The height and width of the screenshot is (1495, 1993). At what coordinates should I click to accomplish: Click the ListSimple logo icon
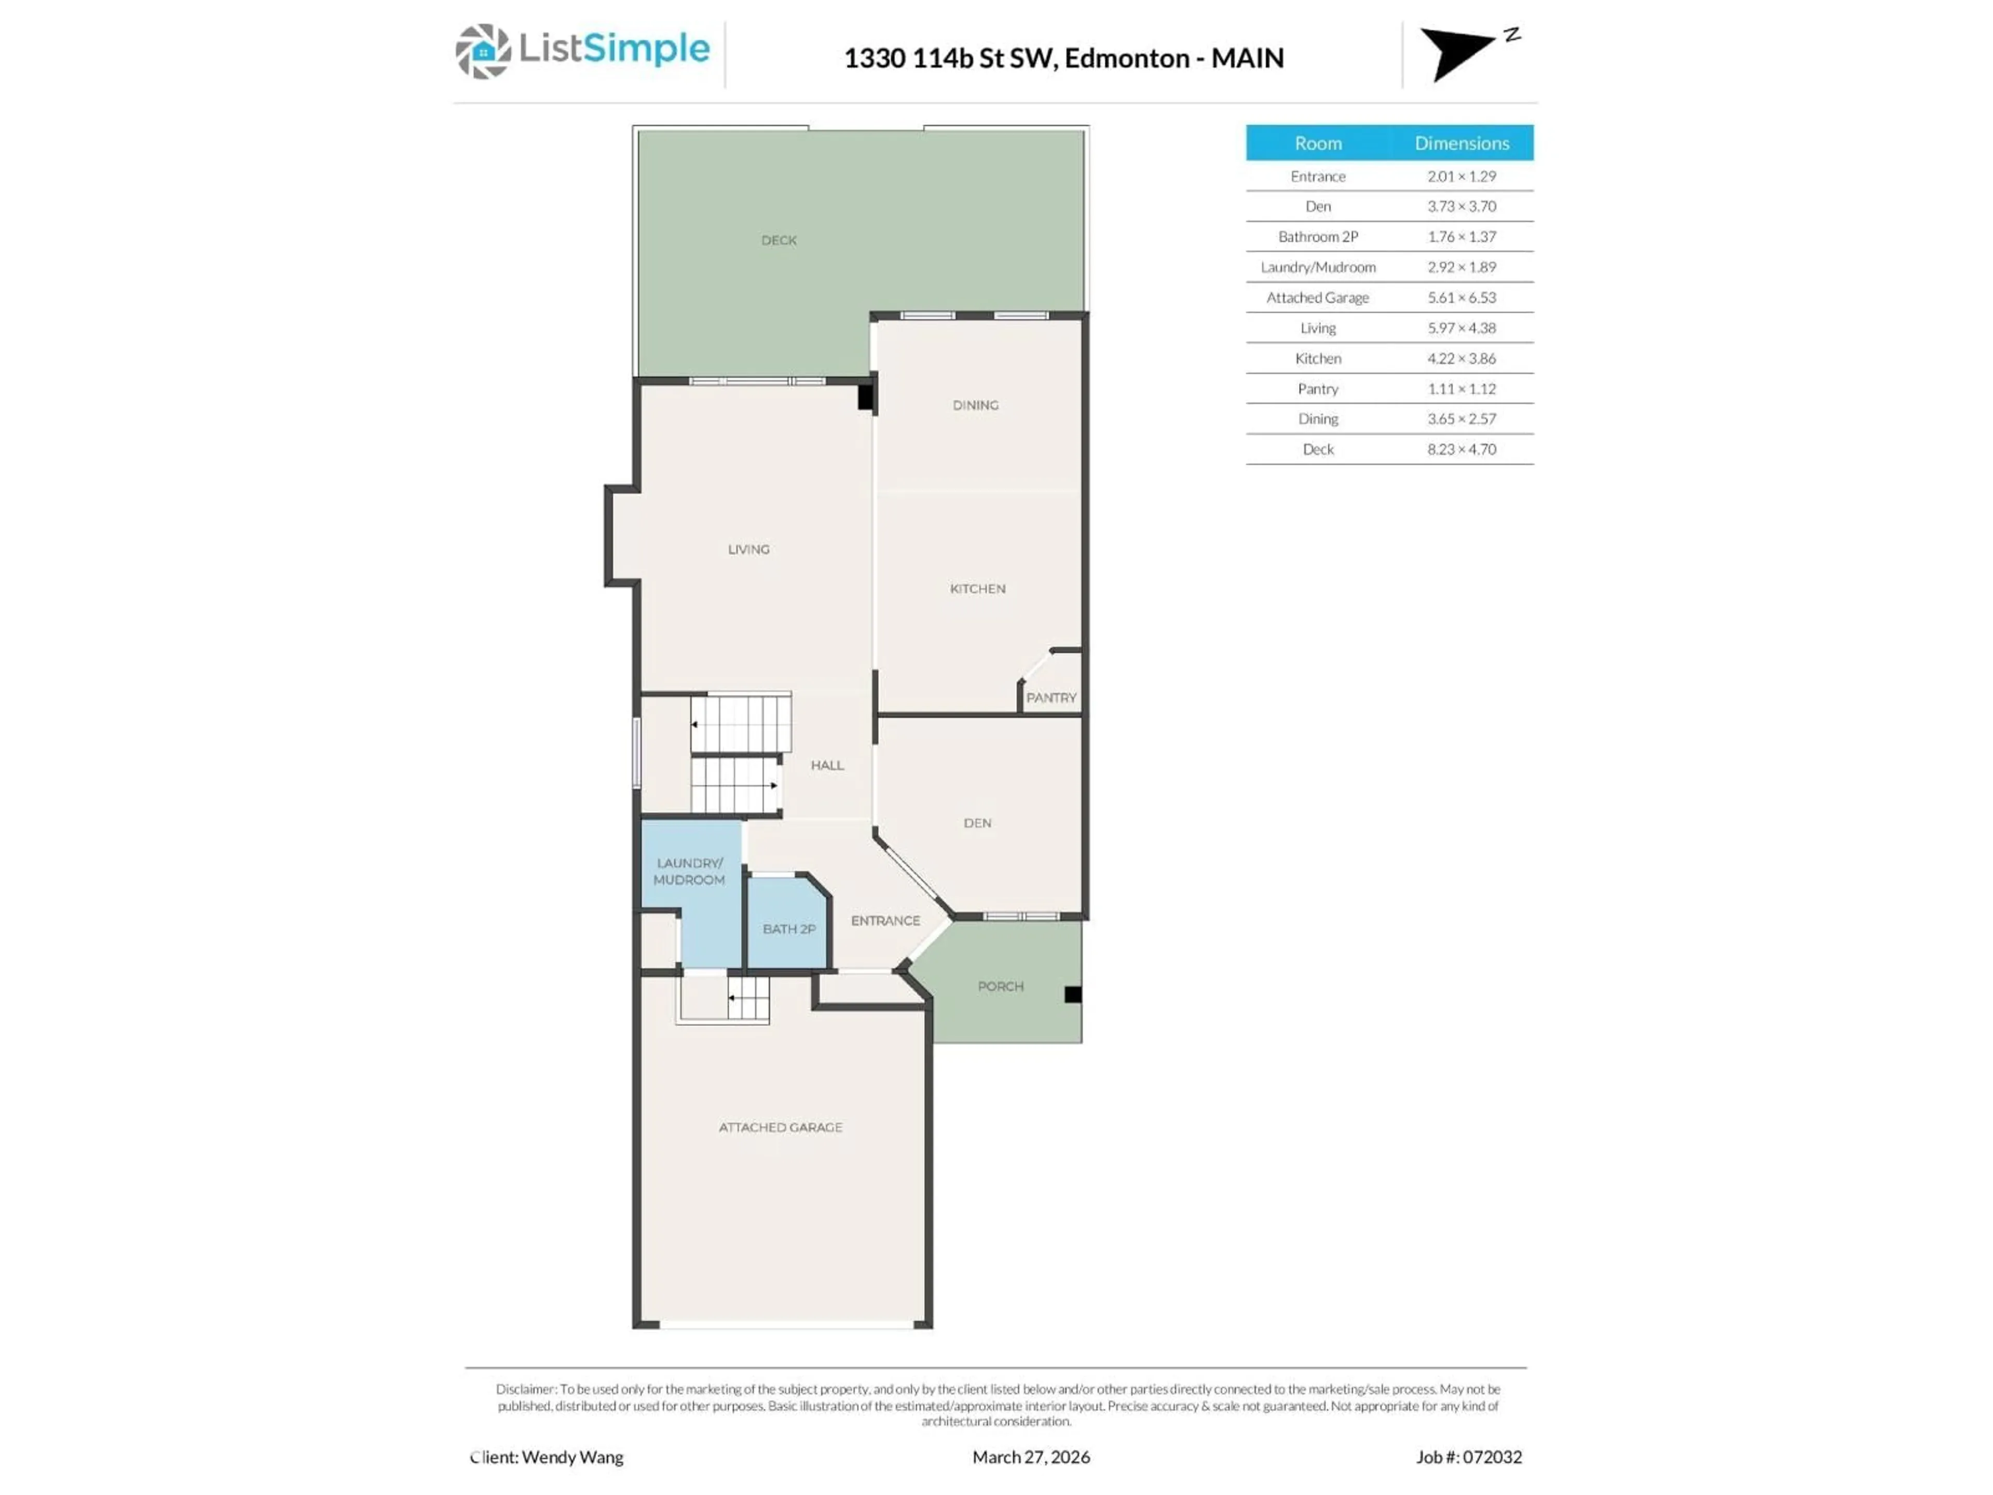pos(483,51)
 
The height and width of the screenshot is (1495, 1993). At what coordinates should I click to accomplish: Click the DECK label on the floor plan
pos(779,241)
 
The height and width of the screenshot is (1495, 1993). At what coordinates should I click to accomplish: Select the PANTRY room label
pos(1050,698)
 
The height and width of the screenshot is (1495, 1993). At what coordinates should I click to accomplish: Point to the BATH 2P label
pos(788,929)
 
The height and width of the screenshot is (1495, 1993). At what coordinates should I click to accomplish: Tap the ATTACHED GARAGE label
pos(780,1127)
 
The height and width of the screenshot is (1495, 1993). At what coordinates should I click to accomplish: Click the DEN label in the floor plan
pos(977,823)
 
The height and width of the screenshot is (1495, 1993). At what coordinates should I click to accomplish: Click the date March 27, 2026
pos(1031,1457)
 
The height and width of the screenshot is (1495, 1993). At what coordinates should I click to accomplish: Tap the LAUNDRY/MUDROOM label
pos(689,872)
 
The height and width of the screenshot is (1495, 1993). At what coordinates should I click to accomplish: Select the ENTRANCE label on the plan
pos(885,920)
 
